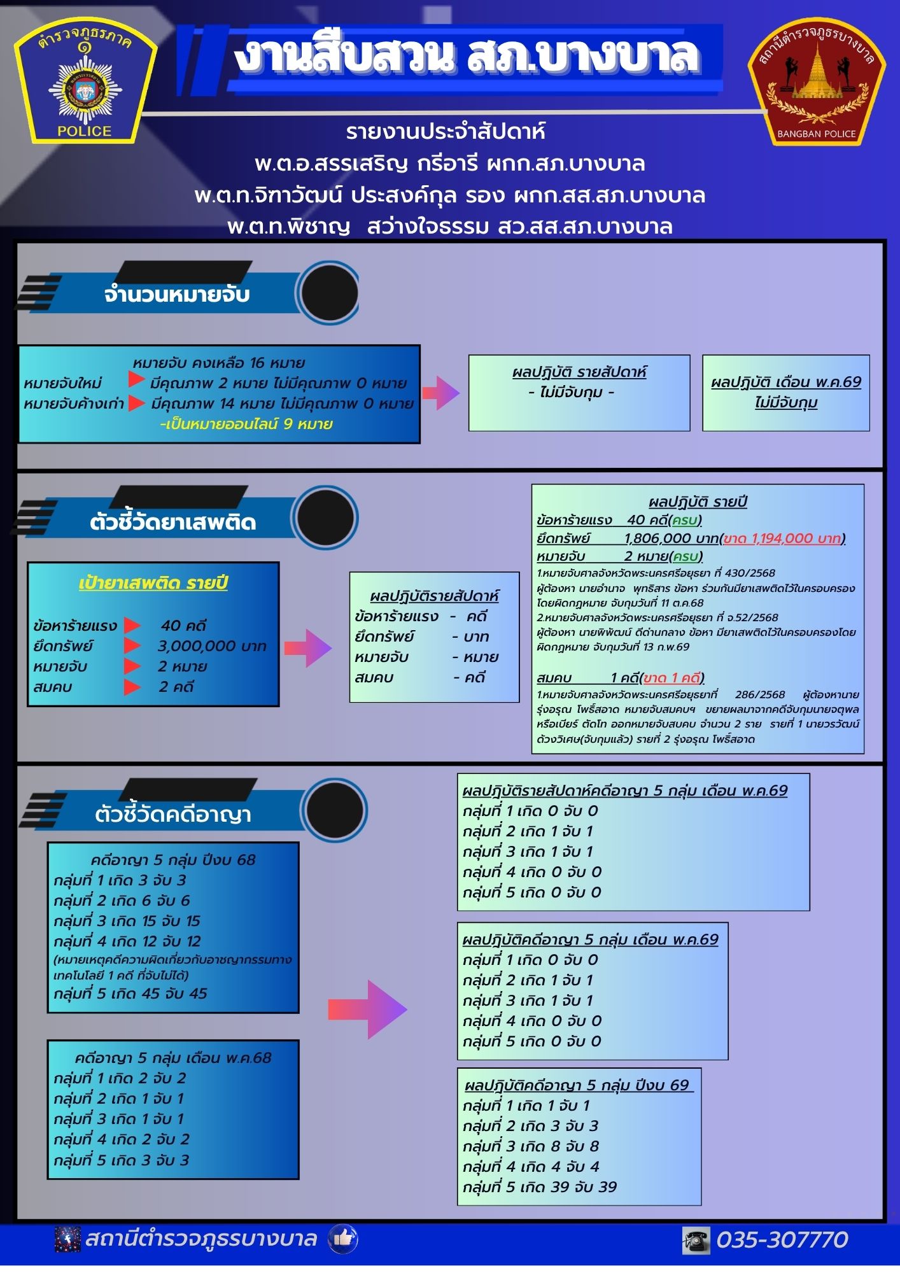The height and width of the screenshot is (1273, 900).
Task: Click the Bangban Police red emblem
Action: (x=817, y=81)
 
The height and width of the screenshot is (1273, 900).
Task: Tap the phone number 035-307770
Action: (x=782, y=1240)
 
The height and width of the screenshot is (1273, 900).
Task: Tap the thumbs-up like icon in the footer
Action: (x=342, y=1239)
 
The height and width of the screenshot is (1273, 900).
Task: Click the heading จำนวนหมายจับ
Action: (x=176, y=295)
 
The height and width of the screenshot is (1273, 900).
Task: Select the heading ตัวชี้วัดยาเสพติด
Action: (x=172, y=523)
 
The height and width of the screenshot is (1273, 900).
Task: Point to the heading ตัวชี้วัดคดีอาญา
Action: (x=172, y=814)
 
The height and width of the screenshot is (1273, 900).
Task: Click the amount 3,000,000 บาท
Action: (x=212, y=646)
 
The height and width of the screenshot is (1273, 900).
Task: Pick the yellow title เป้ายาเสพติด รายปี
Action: (x=153, y=583)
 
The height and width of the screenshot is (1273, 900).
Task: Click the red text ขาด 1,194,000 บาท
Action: (x=782, y=538)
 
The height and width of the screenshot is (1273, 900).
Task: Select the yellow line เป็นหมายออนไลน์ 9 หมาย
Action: (x=246, y=424)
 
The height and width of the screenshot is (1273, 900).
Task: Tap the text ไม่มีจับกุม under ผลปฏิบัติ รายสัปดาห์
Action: (x=571, y=393)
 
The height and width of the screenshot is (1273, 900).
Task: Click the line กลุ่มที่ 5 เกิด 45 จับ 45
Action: (x=130, y=994)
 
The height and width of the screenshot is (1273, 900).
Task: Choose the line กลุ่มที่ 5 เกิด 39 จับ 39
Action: (x=540, y=1187)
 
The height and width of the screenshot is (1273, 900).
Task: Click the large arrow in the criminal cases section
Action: (x=367, y=1009)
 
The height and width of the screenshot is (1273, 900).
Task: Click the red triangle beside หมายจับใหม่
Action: (x=136, y=380)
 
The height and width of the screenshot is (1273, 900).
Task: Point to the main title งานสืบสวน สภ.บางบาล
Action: (x=468, y=55)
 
